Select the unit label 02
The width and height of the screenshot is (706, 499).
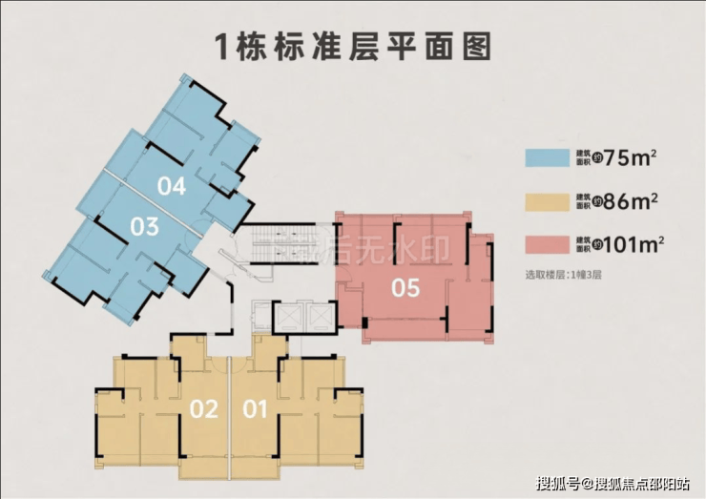click(x=204, y=410)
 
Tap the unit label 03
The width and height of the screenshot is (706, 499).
click(x=144, y=227)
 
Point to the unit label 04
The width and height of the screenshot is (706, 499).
click(x=172, y=187)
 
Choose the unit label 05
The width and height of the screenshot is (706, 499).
click(x=405, y=287)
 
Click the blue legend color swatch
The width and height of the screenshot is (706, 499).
click(x=545, y=157)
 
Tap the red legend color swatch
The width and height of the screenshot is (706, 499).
click(x=545, y=246)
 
